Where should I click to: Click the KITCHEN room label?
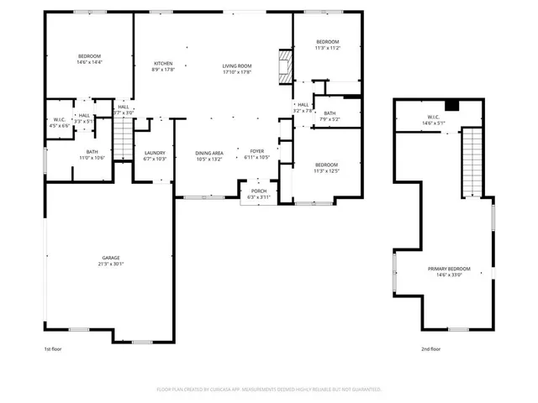click(x=163, y=64)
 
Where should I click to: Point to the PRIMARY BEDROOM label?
click(x=449, y=269)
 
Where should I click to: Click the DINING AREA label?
click(x=209, y=152)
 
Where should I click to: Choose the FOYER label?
click(x=256, y=151)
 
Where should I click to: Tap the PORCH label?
click(x=253, y=191)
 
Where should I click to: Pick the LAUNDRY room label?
click(x=156, y=153)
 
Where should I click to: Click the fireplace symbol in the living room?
click(x=286, y=65)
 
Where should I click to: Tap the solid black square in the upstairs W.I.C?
click(x=451, y=105)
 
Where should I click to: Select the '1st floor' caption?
click(x=53, y=349)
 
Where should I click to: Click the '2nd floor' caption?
click(x=431, y=349)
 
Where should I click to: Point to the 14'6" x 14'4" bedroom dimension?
click(x=89, y=62)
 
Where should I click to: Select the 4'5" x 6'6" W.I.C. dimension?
click(x=58, y=126)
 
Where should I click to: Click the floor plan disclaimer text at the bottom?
click(x=269, y=390)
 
